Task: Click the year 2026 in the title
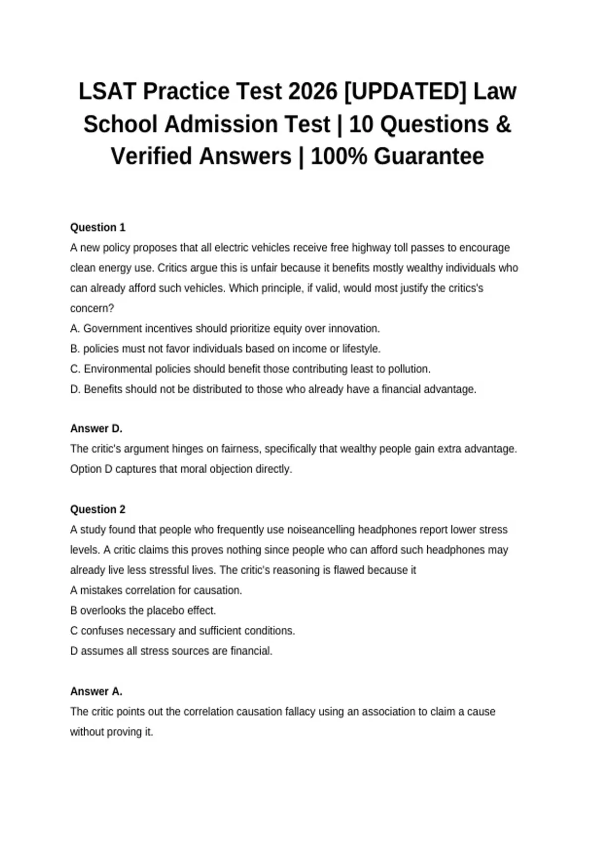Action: pyautogui.click(x=312, y=92)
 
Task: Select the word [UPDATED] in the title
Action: pyautogui.click(x=405, y=92)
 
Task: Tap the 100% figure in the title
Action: pyautogui.click(x=339, y=156)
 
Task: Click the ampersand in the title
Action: pyautogui.click(x=503, y=124)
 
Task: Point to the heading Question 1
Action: pyautogui.click(x=98, y=228)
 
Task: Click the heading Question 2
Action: pyautogui.click(x=98, y=509)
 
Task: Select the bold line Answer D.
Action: pyautogui.click(x=96, y=428)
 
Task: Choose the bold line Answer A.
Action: pyautogui.click(x=96, y=691)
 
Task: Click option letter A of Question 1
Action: pyautogui.click(x=75, y=329)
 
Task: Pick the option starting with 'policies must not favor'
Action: pyautogui.click(x=232, y=349)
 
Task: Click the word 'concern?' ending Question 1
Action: pyautogui.click(x=92, y=308)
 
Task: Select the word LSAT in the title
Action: pyautogui.click(x=108, y=92)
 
